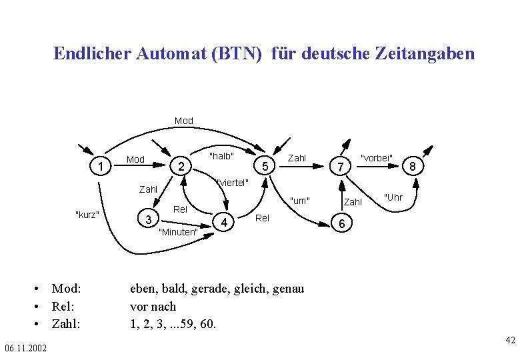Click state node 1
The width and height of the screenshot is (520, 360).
(x=100, y=166)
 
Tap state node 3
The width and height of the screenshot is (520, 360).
(x=149, y=219)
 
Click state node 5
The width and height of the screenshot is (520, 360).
(x=265, y=166)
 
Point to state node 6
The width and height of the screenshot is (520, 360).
(x=341, y=225)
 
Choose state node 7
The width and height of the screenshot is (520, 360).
(x=341, y=166)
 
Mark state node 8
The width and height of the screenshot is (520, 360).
(x=413, y=166)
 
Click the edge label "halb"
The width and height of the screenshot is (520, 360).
(x=221, y=156)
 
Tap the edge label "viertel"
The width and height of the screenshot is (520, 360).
(x=233, y=183)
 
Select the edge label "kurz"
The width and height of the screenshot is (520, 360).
(x=87, y=214)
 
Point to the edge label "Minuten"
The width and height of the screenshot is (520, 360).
(x=178, y=232)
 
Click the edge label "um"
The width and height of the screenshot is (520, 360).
(x=300, y=200)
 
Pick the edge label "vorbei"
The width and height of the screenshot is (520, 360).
(x=377, y=158)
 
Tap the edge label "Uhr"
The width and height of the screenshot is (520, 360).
(x=393, y=197)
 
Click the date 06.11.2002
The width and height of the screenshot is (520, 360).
(x=25, y=349)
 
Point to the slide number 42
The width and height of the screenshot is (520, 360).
(x=510, y=341)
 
